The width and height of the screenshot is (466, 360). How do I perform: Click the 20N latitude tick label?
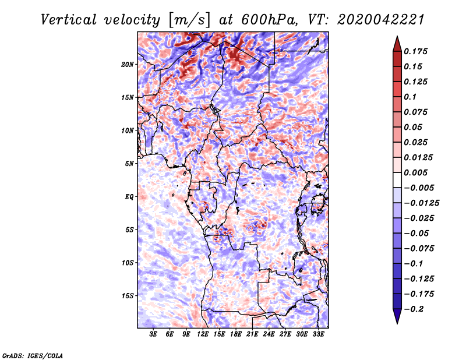(x=128, y=64)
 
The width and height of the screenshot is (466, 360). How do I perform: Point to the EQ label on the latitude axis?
(x=129, y=197)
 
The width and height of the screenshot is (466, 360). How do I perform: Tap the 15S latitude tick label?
(x=128, y=296)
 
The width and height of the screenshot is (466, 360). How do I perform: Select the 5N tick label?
(x=129, y=164)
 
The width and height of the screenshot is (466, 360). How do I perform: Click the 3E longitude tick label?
(x=154, y=335)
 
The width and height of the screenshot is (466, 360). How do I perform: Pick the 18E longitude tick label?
(x=235, y=335)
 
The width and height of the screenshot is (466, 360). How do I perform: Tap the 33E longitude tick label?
(x=318, y=335)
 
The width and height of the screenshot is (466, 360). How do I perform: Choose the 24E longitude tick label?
(x=269, y=335)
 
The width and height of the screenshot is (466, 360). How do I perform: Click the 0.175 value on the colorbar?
(x=416, y=51)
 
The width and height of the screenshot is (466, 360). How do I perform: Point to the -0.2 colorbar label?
(x=414, y=309)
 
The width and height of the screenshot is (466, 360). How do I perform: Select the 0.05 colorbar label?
(x=414, y=127)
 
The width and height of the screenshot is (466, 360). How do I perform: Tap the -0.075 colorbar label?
(x=419, y=248)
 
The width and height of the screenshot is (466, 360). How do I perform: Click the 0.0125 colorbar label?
(x=418, y=157)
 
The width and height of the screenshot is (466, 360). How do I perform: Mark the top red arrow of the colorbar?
(x=396, y=43)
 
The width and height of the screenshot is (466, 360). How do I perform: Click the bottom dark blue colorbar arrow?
(x=396, y=317)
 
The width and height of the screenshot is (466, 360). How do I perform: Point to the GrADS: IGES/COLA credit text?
(x=32, y=355)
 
